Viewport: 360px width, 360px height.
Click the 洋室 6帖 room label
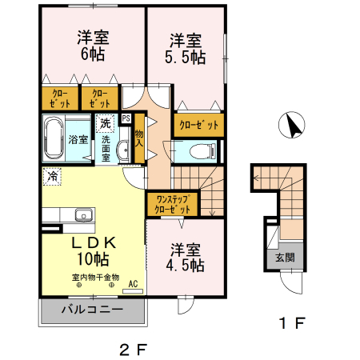[x=93, y=46]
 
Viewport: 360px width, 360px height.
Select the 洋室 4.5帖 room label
[x=186, y=256]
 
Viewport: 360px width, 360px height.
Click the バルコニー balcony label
[x=90, y=310]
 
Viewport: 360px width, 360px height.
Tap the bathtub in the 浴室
[x=54, y=138]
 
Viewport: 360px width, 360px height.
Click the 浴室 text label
[x=78, y=139]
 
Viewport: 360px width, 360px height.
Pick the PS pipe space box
[x=126, y=118]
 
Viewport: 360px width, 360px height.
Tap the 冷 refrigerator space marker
[x=51, y=175]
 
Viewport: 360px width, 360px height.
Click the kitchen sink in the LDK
[x=82, y=214]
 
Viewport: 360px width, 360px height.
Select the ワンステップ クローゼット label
[x=173, y=203]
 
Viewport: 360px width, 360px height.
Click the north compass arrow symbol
[x=290, y=126]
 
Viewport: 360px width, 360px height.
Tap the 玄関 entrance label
[x=285, y=258]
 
